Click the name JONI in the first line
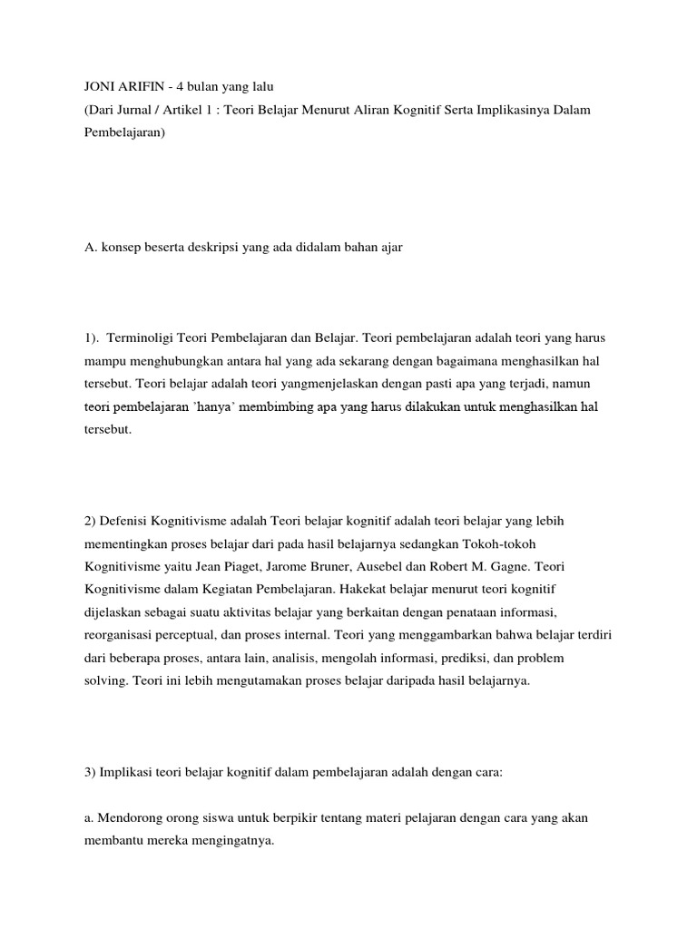[98, 86]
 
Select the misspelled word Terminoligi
[142, 337]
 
